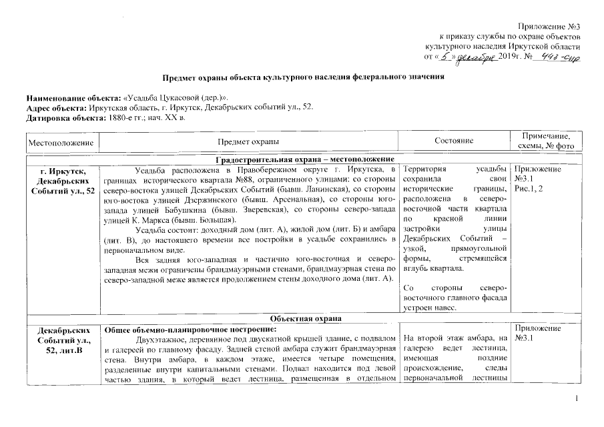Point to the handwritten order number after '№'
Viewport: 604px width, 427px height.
coord(559,57)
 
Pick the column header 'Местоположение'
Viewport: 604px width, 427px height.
coord(61,141)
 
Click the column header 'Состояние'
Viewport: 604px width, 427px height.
coord(454,141)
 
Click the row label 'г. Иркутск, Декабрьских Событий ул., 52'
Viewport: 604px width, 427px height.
coord(61,180)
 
